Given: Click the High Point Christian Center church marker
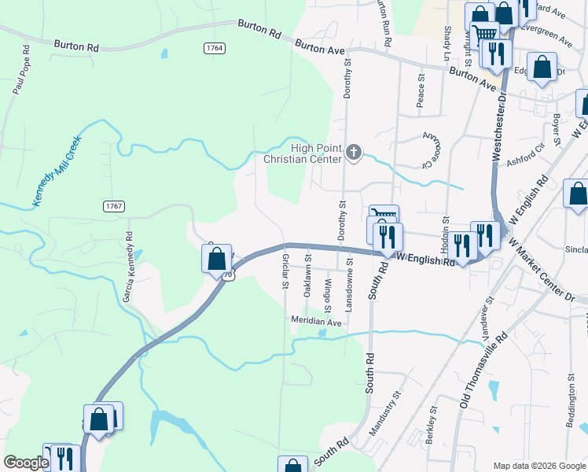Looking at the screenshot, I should click(354, 152).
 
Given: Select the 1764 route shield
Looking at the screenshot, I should click(215, 48).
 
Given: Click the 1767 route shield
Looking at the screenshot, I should click(114, 205).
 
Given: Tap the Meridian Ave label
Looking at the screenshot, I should click(316, 322).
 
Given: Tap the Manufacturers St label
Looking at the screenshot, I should click(385, 430).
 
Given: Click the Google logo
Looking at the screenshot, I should click(26, 463).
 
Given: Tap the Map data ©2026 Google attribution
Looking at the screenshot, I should click(538, 466).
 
